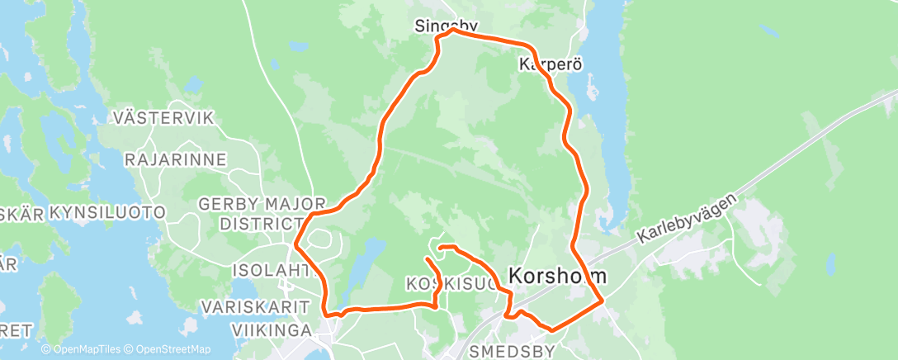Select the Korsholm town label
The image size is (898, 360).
[556, 276]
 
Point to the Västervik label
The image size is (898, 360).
[165, 117]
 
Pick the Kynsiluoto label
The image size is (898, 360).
[107, 213]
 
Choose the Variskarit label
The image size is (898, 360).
[252, 307]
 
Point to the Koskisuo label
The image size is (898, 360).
[450, 285]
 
